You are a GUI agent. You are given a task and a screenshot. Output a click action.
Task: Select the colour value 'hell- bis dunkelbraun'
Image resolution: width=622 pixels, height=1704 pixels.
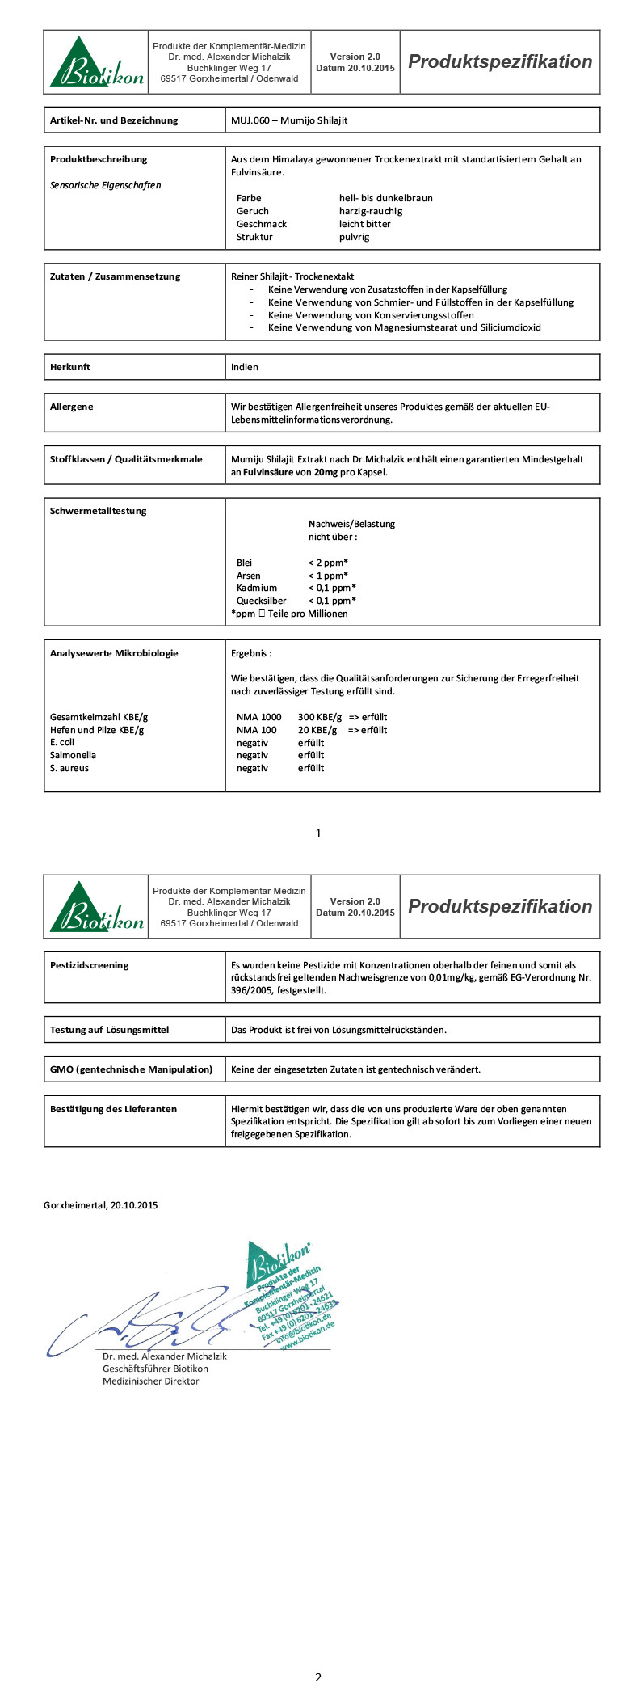coord(385,198)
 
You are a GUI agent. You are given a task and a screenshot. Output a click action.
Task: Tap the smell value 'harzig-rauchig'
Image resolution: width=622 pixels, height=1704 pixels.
coord(370,211)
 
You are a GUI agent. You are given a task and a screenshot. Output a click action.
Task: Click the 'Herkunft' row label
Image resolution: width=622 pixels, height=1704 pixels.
coord(70,367)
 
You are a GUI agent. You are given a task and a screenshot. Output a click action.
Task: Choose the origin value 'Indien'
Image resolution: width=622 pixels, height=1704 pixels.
coord(245,367)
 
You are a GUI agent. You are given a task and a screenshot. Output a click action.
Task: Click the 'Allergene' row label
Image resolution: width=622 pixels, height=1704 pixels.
coord(72,407)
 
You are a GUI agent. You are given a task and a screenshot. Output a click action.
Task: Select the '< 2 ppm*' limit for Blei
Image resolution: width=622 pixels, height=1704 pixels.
coord(327,563)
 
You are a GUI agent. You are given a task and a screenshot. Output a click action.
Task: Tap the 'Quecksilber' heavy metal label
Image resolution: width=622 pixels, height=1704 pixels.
coord(261,601)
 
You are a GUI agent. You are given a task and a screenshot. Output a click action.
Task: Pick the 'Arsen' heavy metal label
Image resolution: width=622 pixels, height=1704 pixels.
coord(249,576)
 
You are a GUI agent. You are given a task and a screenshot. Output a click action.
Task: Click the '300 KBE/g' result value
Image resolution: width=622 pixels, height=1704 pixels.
coord(320,717)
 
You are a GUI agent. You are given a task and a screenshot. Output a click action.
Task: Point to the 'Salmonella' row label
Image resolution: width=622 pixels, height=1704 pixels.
coord(73,755)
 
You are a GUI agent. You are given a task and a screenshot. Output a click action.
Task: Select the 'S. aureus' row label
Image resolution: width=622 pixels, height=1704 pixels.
coord(69,768)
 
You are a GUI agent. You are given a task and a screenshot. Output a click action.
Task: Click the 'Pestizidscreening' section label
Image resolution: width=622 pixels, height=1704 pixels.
coord(89,965)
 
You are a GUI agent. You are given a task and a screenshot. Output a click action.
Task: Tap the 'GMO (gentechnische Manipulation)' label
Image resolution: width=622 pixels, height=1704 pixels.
coord(131,1069)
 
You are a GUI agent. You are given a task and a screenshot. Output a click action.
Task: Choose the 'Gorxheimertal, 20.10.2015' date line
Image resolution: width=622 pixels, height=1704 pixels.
coord(101,1205)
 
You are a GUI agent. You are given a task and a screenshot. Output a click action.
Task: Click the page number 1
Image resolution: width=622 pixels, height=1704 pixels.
coord(318,833)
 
